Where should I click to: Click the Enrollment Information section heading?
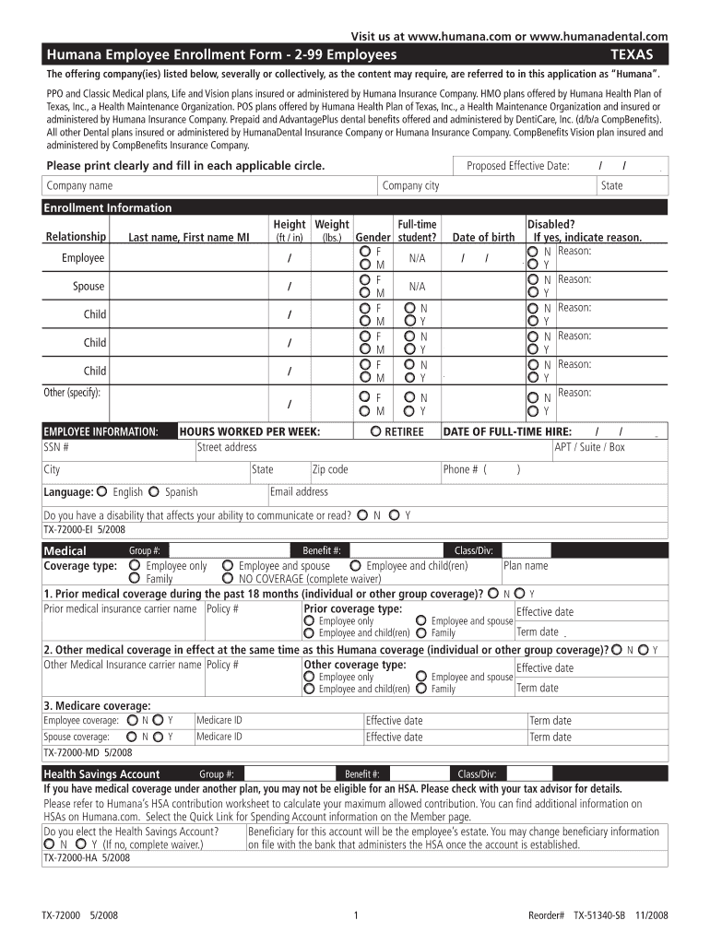(x=108, y=207)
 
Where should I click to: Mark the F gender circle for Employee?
(x=365, y=252)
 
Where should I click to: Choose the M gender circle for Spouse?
(x=365, y=293)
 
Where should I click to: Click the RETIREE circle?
(x=376, y=431)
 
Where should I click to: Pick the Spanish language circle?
(x=155, y=491)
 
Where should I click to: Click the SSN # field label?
(x=56, y=447)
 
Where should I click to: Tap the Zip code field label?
(x=330, y=469)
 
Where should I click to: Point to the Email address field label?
(x=299, y=491)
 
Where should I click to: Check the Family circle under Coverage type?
(x=136, y=578)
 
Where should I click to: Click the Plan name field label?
(x=526, y=566)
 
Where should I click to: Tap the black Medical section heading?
(x=65, y=550)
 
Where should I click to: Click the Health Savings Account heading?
(x=101, y=773)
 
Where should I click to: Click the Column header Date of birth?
(x=483, y=237)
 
